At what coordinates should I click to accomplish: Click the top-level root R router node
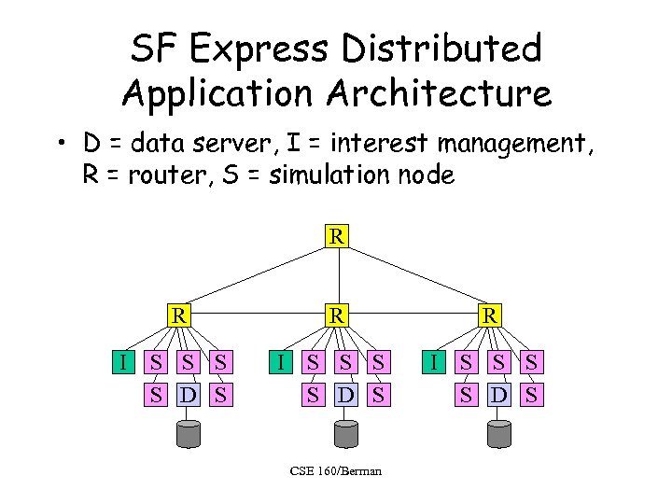tap(337, 236)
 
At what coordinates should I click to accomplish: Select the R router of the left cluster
tap(176, 315)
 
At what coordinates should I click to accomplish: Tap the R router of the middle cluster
tap(337, 315)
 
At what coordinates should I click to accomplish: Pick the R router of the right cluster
tap(488, 315)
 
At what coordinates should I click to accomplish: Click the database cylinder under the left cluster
tap(188, 434)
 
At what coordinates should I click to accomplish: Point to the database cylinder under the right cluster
tap(498, 434)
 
